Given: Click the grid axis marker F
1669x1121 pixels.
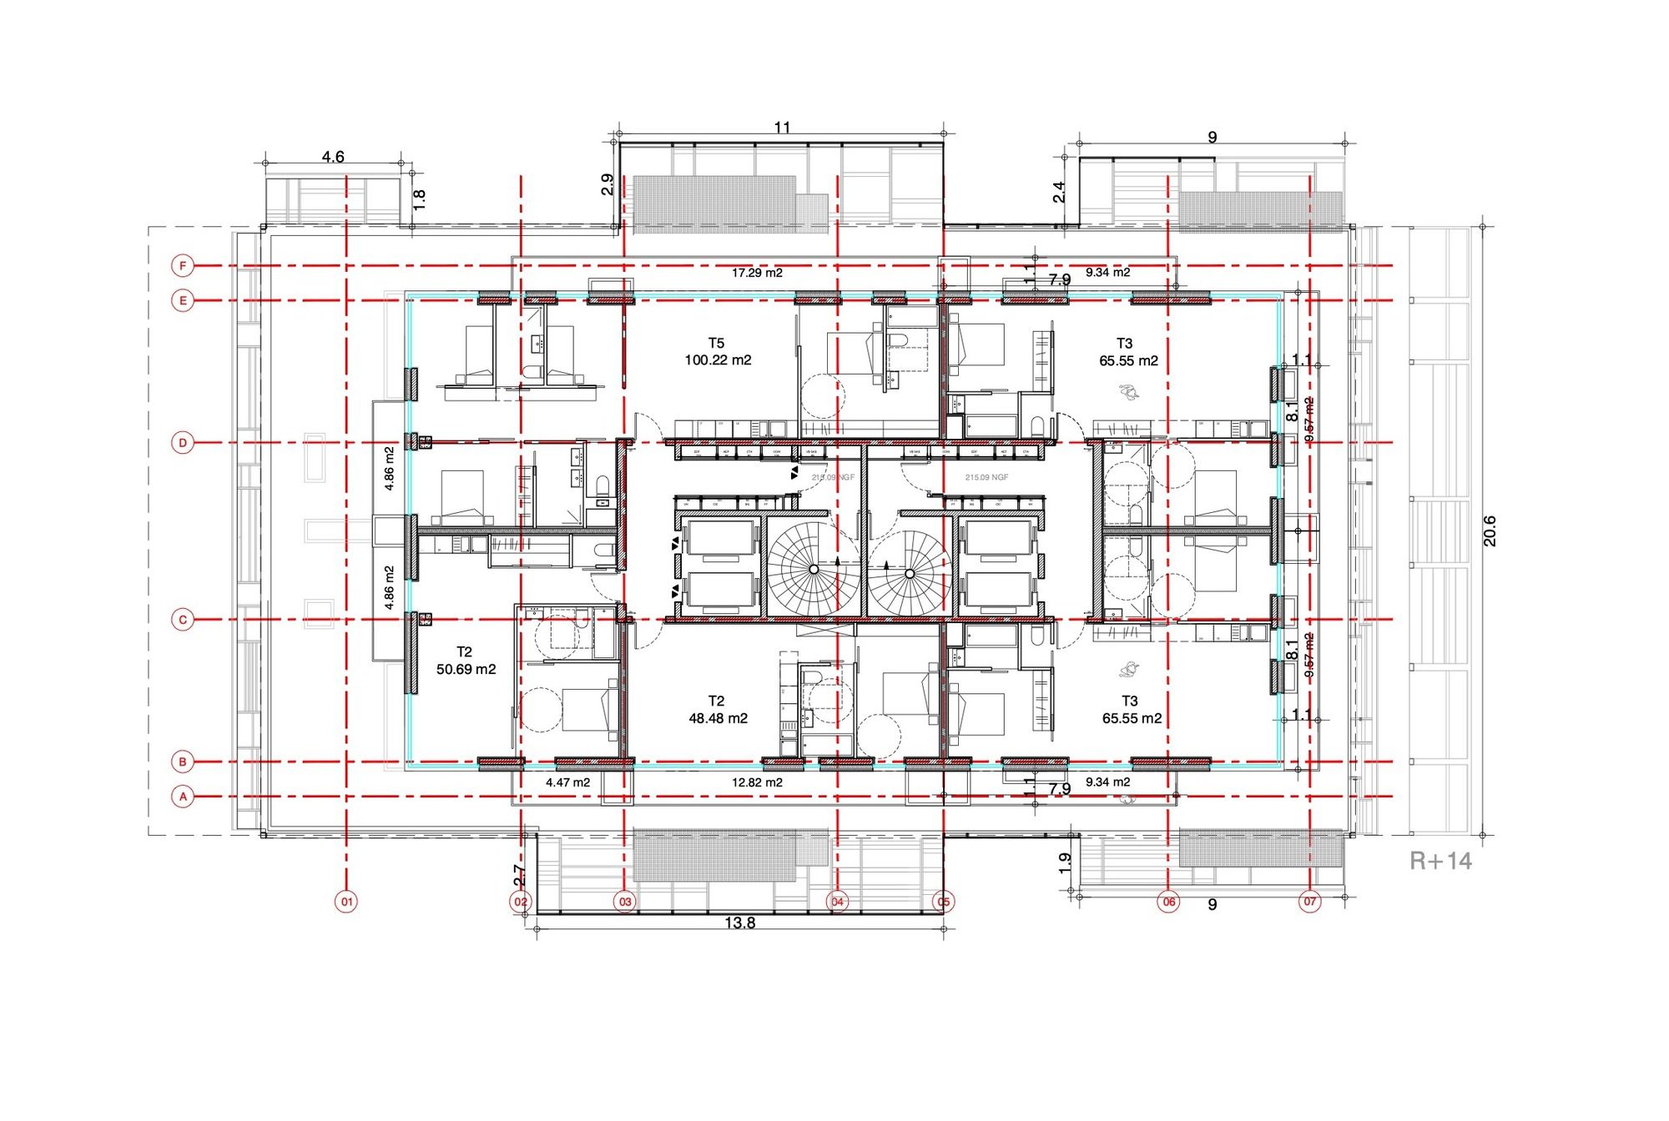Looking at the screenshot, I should (x=183, y=266).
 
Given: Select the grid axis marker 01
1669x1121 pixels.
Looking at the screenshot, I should (x=346, y=901).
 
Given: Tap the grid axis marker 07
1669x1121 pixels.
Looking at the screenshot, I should (x=1310, y=901).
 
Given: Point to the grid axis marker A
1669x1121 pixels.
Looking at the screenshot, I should (x=183, y=797).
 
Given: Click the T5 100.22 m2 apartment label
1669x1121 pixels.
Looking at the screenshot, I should (x=718, y=352).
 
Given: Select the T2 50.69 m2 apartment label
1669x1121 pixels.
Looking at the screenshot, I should (x=466, y=661).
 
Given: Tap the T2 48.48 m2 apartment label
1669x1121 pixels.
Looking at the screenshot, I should (x=718, y=710).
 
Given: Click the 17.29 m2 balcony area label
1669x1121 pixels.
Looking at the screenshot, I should (x=757, y=273).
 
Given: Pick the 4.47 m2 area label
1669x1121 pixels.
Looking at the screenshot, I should (x=567, y=782).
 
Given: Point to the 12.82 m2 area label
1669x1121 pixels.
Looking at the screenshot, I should (x=757, y=782).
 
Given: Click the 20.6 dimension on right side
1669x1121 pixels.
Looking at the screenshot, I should (x=1490, y=531).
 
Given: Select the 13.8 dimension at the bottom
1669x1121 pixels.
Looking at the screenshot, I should (x=739, y=922).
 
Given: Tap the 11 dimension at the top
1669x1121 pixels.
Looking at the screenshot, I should (x=782, y=128).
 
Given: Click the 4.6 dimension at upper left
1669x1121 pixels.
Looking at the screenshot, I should (x=333, y=157).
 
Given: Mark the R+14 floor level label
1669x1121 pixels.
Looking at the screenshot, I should (x=1440, y=861).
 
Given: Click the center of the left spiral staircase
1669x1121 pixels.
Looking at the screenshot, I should (x=814, y=570).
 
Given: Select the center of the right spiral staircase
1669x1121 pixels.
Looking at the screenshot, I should (x=909, y=574).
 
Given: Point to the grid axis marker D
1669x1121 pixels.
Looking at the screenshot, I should (x=183, y=443).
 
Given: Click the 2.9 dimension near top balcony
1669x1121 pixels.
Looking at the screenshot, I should (x=608, y=184).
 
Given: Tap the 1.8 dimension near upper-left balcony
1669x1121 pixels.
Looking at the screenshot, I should (x=420, y=199).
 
